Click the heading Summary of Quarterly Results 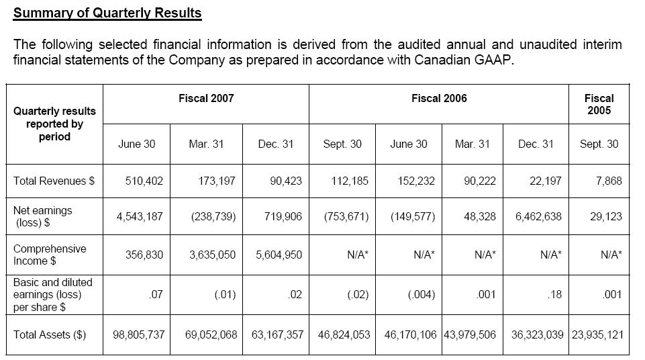[x=107, y=13]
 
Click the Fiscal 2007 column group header [x=206, y=98]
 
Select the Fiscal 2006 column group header [x=439, y=98]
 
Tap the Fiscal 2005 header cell [x=599, y=104]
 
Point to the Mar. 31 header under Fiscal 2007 [x=206, y=144]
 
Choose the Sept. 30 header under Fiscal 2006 [x=342, y=144]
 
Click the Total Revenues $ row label [x=54, y=181]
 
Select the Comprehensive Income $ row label [x=50, y=255]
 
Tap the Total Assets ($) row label [x=50, y=334]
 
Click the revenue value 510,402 [x=144, y=181]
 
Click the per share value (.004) [x=412, y=294]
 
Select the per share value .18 [x=554, y=294]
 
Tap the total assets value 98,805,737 [x=138, y=334]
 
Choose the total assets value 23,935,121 [x=597, y=334]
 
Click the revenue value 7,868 [x=608, y=181]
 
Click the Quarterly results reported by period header [x=54, y=124]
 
